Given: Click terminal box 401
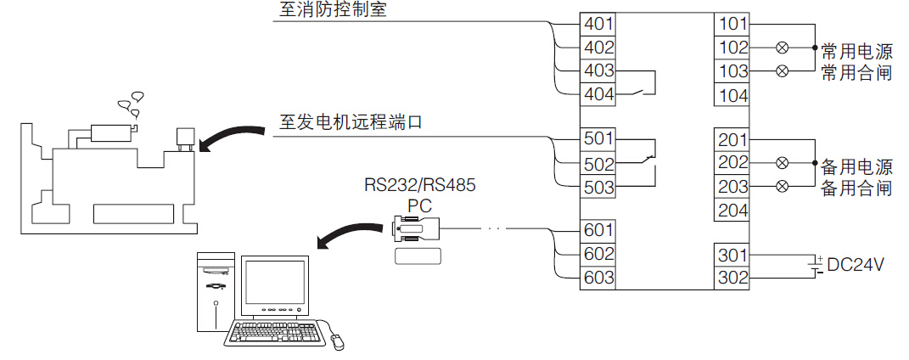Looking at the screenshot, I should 598,24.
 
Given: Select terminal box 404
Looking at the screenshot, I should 598,94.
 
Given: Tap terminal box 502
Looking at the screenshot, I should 598,162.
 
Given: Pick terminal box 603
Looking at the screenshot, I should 598,278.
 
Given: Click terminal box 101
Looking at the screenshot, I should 732,24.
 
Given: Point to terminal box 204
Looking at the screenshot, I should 732,210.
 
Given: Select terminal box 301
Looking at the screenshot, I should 732,255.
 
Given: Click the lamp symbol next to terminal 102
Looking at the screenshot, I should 783,48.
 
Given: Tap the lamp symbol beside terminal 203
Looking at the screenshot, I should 783,186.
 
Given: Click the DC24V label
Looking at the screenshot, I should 856,265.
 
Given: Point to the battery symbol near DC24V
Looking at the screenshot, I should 816,265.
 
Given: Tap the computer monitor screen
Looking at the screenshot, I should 275,284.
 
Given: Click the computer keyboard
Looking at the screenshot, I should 276,333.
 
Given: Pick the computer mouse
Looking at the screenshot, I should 338,341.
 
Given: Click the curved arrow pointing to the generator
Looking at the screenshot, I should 234,136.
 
